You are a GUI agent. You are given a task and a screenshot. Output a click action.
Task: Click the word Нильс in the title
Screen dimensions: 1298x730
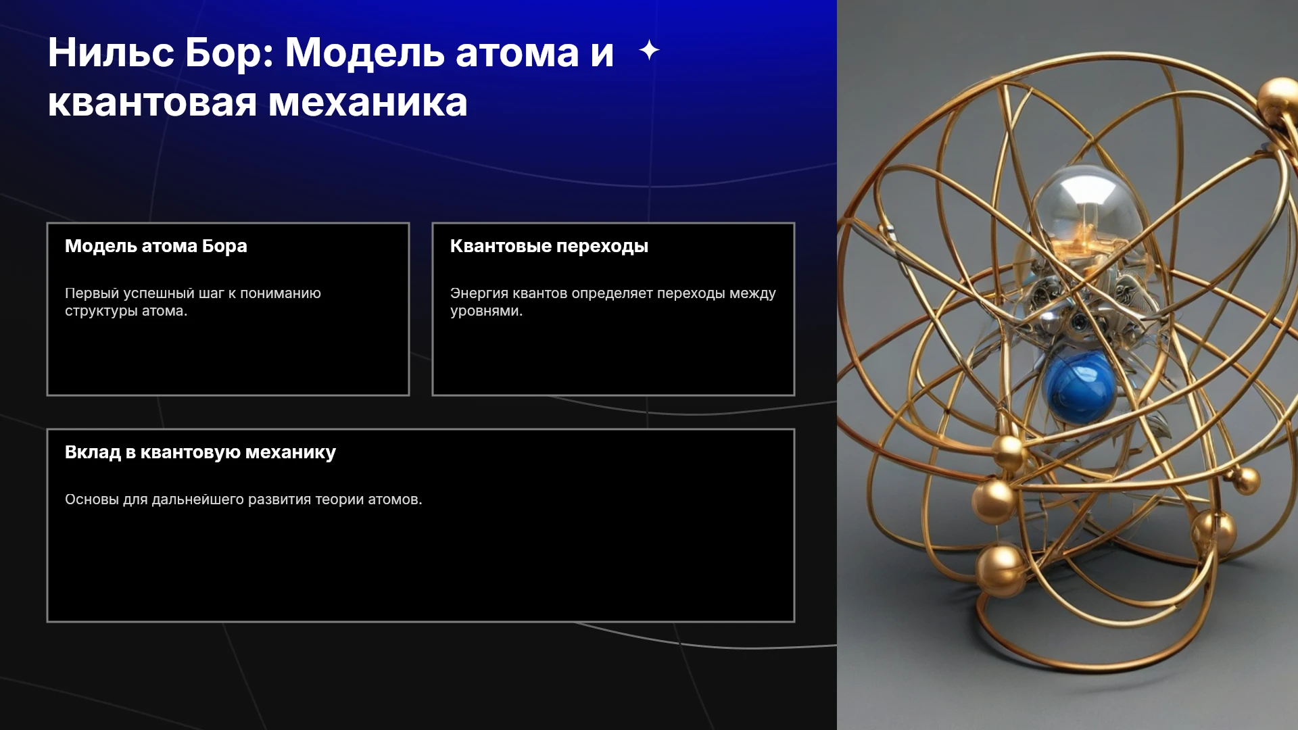click(x=111, y=52)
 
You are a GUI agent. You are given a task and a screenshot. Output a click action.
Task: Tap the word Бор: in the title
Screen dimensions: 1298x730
click(x=229, y=52)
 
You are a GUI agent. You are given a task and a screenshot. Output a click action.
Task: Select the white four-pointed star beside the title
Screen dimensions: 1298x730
click(x=649, y=50)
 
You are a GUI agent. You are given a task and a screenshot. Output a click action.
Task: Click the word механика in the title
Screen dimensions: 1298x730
click(x=368, y=103)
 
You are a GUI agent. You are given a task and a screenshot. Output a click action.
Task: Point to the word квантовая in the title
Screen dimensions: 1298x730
click(x=153, y=103)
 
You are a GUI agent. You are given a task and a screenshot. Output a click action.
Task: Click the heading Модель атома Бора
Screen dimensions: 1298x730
click(x=156, y=246)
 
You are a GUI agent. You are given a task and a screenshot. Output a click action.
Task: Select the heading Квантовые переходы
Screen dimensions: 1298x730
click(x=549, y=246)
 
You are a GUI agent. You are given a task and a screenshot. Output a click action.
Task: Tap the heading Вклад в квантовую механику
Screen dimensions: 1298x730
click(x=200, y=452)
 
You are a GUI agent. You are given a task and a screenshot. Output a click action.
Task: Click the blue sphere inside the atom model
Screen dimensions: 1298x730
click(x=1079, y=388)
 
